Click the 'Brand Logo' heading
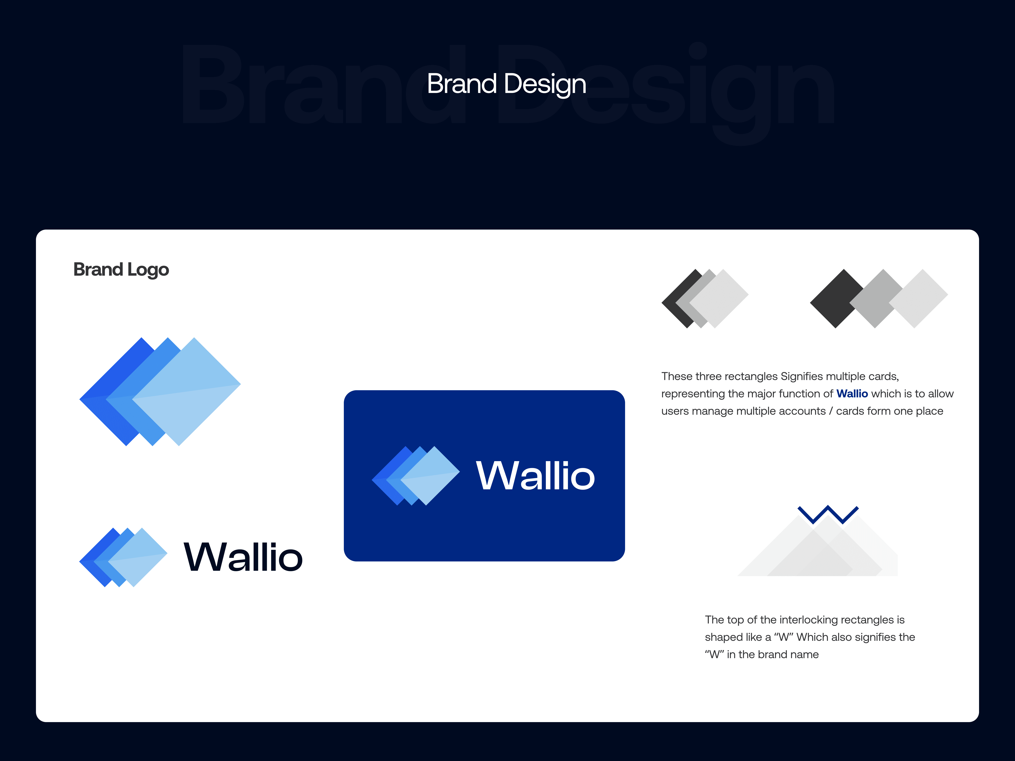tap(121, 270)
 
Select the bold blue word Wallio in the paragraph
tap(852, 394)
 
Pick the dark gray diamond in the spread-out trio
tap(836, 299)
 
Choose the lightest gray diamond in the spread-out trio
tap(919, 299)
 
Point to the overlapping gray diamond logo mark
tap(705, 299)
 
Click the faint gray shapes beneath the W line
tap(818, 546)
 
